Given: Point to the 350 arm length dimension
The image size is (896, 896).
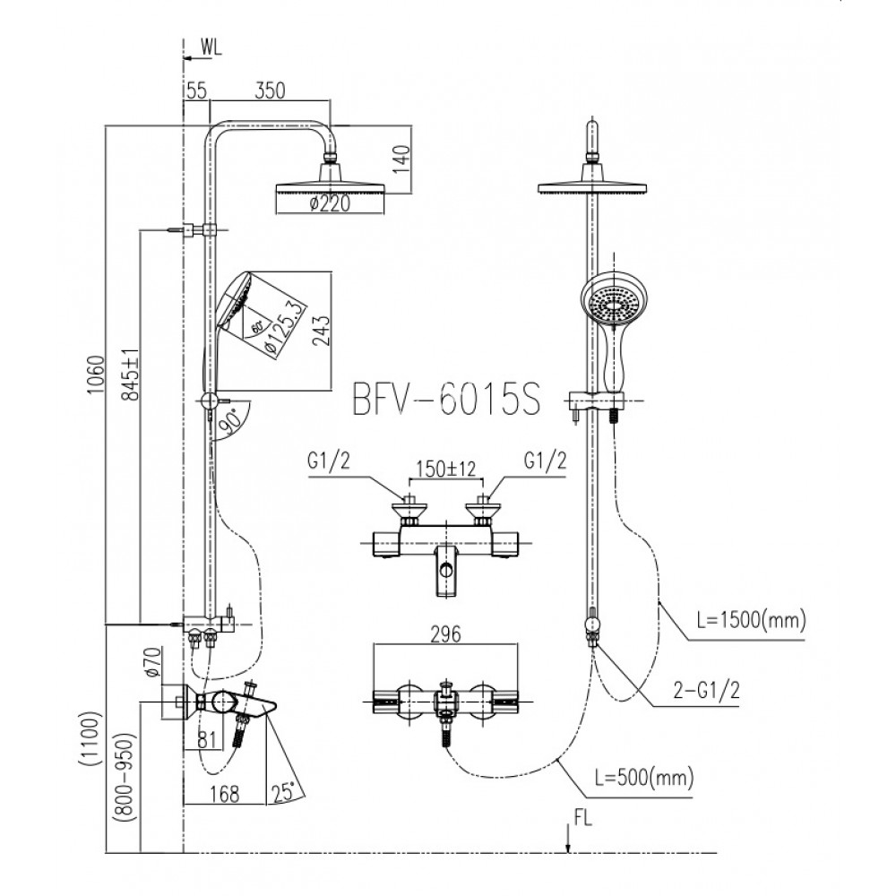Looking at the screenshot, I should tap(270, 90).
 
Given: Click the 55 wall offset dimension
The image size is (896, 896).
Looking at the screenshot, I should tap(197, 90).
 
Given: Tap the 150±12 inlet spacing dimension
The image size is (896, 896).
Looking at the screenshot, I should tap(444, 469).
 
